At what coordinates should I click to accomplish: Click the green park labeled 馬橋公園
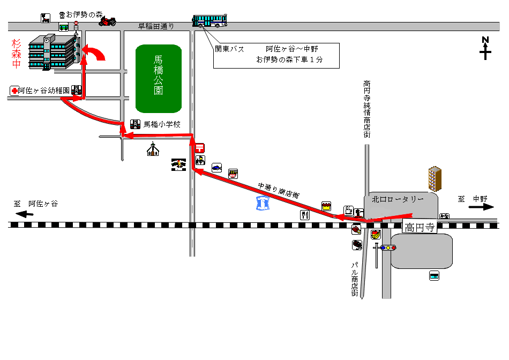click(x=159, y=78)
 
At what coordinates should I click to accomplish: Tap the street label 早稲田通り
click(x=156, y=26)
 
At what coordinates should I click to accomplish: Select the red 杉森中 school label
click(x=17, y=54)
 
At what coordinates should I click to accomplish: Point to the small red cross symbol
click(x=14, y=91)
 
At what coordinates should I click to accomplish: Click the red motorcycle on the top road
click(x=107, y=22)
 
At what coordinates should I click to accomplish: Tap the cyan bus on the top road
click(x=209, y=21)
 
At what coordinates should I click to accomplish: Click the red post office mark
click(x=199, y=147)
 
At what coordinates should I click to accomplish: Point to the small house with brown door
click(x=153, y=150)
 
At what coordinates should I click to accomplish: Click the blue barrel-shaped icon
click(x=263, y=203)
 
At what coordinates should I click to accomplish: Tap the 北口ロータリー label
click(x=398, y=199)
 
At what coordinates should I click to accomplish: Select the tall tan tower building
click(x=435, y=178)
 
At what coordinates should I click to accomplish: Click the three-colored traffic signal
click(x=388, y=247)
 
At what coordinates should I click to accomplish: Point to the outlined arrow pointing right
click(x=480, y=207)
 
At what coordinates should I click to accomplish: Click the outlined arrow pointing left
click(x=25, y=214)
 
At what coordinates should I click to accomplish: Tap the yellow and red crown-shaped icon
click(x=326, y=206)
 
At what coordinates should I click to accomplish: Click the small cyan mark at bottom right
click(x=434, y=277)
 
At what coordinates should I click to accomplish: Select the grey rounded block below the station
click(x=422, y=251)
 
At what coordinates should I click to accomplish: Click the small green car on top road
click(x=64, y=27)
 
